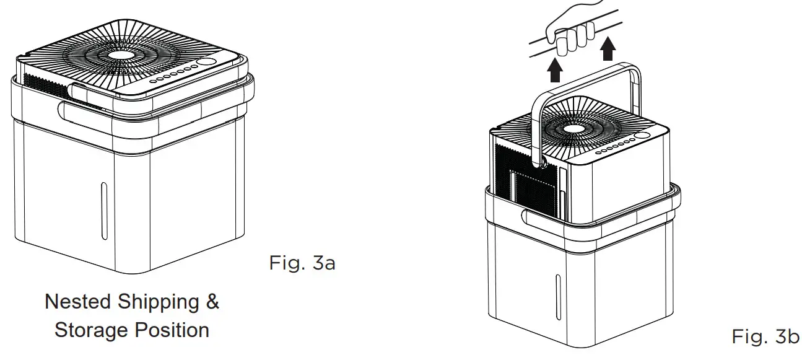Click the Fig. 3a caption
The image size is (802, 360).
(x=302, y=263)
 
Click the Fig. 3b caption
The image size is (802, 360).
(x=765, y=336)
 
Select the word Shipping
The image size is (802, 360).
(x=162, y=303)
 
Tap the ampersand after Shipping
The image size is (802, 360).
(x=212, y=302)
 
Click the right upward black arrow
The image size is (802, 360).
(x=608, y=48)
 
